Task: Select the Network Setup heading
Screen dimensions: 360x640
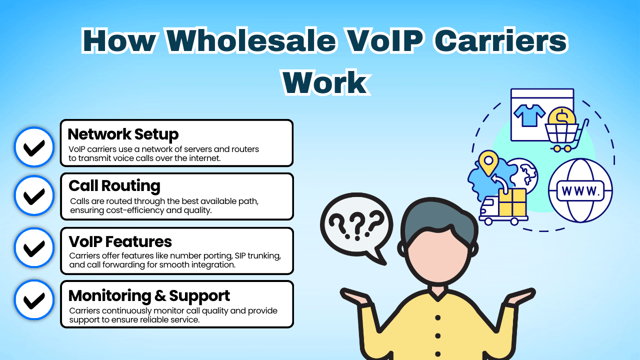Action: click(x=123, y=134)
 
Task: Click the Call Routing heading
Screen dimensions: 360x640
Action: click(x=114, y=185)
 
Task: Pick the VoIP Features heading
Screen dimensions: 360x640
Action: click(x=120, y=241)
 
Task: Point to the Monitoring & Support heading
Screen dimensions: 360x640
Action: click(x=149, y=295)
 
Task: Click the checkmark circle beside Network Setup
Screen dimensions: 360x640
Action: click(x=34, y=147)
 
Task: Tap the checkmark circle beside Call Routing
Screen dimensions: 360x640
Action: click(x=34, y=195)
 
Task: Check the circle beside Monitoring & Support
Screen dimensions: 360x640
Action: click(x=34, y=300)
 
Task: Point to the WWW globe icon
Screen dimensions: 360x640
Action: click(x=580, y=190)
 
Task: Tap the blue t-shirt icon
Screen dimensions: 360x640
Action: click(x=529, y=115)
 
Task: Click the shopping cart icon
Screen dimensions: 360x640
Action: click(x=563, y=136)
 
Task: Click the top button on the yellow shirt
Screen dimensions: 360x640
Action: click(x=438, y=317)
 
